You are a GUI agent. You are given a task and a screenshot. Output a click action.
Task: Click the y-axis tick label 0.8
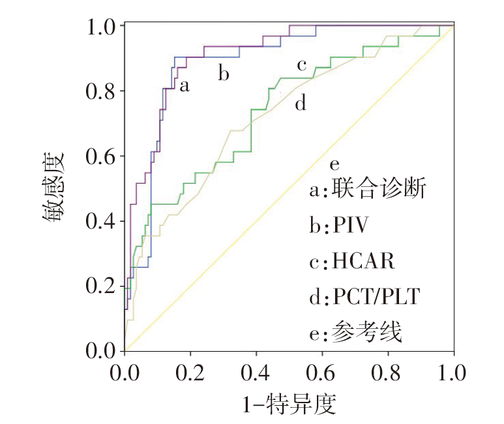tap(101, 91)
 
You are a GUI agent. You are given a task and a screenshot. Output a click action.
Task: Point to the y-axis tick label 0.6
tap(101, 156)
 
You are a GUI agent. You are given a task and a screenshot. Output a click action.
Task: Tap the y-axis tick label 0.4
tap(101, 221)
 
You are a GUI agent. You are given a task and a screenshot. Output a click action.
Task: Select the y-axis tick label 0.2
tap(101, 286)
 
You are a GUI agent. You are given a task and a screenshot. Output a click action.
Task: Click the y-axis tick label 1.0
tap(101, 26)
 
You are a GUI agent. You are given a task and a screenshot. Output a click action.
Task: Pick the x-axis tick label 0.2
tap(190, 374)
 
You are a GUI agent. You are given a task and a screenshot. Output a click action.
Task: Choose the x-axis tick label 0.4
tap(256, 374)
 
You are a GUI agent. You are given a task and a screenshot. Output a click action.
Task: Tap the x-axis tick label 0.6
tap(321, 374)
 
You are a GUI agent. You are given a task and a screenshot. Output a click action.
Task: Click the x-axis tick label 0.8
tap(387, 374)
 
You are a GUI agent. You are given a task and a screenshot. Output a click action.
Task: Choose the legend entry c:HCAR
tap(353, 261)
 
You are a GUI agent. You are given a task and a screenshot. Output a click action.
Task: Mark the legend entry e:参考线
tap(355, 333)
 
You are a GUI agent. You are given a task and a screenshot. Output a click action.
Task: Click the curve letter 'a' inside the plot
tap(185, 85)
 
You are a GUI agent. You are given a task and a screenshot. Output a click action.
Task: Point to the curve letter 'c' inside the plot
tap(301, 65)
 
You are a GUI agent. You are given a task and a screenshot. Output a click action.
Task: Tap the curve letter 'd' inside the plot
tap(301, 104)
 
